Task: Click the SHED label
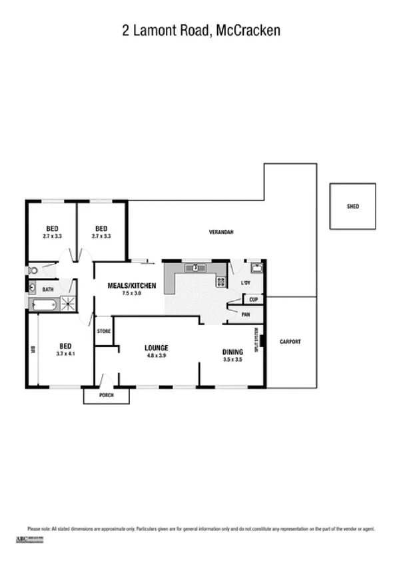(352, 207)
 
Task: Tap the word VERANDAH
(220, 232)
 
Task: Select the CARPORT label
(290, 342)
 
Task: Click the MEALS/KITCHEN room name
(132, 286)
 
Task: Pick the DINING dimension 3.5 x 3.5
(232, 359)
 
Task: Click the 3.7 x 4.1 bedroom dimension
(65, 354)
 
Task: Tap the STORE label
(103, 330)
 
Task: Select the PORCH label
(105, 395)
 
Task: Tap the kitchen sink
(197, 268)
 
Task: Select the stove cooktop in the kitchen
(220, 282)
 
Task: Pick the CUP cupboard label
(254, 300)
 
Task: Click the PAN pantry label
(246, 314)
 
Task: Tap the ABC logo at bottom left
(23, 538)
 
